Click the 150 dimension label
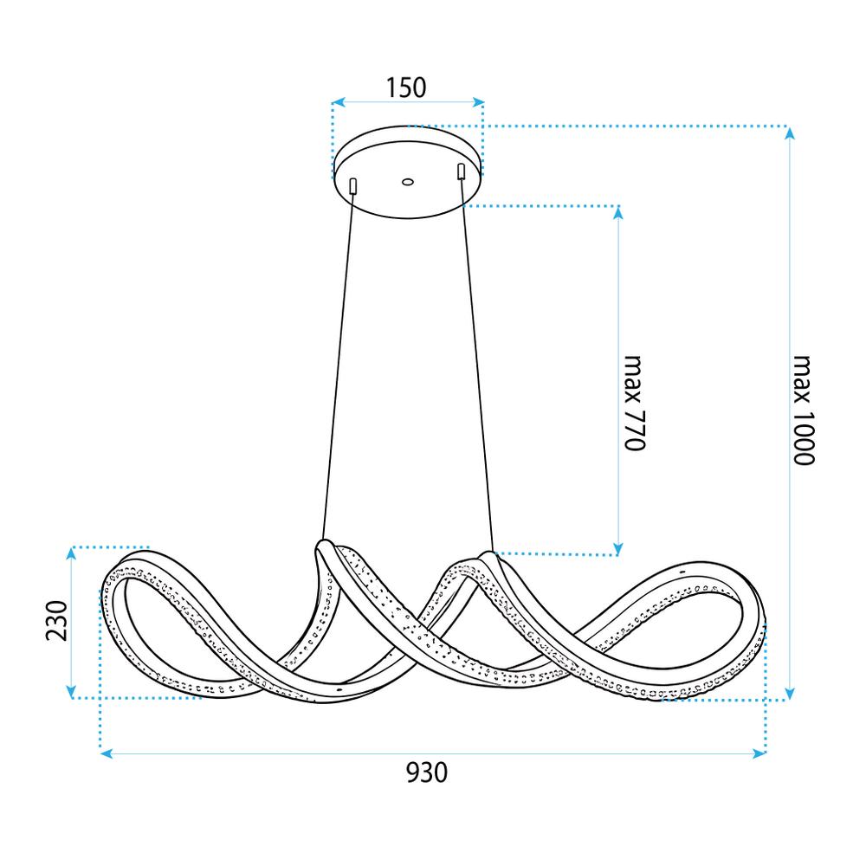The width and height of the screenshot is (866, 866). tap(406, 87)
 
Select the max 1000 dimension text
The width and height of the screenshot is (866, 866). tap(803, 410)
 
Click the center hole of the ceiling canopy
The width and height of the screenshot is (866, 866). tap(407, 182)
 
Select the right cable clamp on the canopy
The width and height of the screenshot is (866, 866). tap(462, 171)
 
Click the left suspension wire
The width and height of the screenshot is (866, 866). tap(338, 364)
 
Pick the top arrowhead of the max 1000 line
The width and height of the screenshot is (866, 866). tap(789, 132)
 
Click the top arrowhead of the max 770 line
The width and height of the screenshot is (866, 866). tap(618, 212)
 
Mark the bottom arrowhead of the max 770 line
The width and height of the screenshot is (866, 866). tap(618, 547)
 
